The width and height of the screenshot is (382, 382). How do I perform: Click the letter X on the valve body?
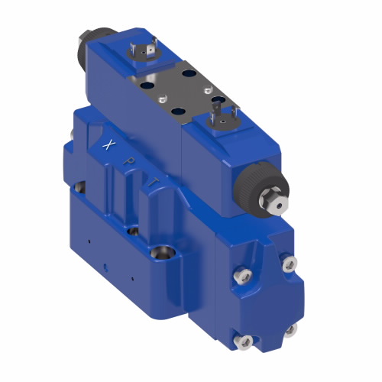[x=110, y=144]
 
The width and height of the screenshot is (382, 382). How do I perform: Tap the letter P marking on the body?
[x=132, y=161]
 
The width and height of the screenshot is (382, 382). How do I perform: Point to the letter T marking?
[x=154, y=181]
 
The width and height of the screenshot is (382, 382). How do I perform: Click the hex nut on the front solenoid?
[x=273, y=202]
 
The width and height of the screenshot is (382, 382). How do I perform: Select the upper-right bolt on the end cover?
[x=288, y=264]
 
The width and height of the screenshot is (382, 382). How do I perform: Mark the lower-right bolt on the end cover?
[x=290, y=330]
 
